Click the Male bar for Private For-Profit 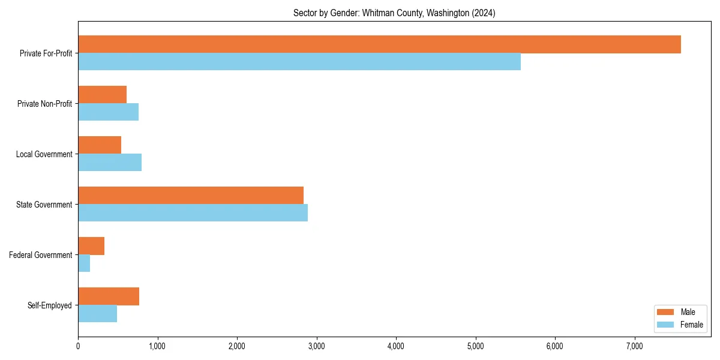point(379,44)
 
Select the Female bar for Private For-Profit point(299,62)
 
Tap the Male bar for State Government point(191,196)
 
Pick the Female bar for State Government point(193,213)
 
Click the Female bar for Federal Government point(84,263)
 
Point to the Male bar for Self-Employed point(109,296)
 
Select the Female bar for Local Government point(110,163)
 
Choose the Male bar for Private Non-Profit point(102,95)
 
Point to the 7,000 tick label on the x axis point(634,346)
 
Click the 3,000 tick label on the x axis point(316,346)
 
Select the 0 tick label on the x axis point(78,346)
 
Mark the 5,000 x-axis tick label point(475,346)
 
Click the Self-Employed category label point(50,305)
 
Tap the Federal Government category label point(41,255)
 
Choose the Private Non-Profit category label point(44,104)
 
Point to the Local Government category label point(44,154)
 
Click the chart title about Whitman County point(394,13)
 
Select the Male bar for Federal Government point(91,246)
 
